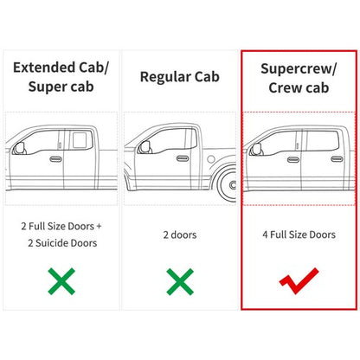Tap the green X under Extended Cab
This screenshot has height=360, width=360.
[61, 281]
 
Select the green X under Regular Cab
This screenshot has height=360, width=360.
[180, 281]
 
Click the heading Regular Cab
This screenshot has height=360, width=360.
[180, 77]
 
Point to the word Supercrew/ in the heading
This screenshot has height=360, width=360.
[299, 69]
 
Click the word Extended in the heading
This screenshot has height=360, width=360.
[44, 67]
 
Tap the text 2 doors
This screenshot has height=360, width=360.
[180, 235]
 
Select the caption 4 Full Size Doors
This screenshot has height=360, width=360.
[299, 235]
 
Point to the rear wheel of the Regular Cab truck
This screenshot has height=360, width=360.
[228, 184]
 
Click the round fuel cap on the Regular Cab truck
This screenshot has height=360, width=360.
[211, 159]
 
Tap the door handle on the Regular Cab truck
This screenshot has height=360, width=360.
[183, 158]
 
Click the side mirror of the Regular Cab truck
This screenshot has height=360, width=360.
[145, 147]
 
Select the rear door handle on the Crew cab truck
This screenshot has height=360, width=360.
[337, 159]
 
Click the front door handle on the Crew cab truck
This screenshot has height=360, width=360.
[293, 159]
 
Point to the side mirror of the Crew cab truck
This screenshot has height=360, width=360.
[256, 149]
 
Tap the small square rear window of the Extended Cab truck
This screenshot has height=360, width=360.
[79, 140]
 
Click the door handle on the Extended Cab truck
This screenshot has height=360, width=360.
[55, 159]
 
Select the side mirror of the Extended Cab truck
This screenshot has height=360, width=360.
[20, 148]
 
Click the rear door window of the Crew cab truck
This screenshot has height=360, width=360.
[322, 141]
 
